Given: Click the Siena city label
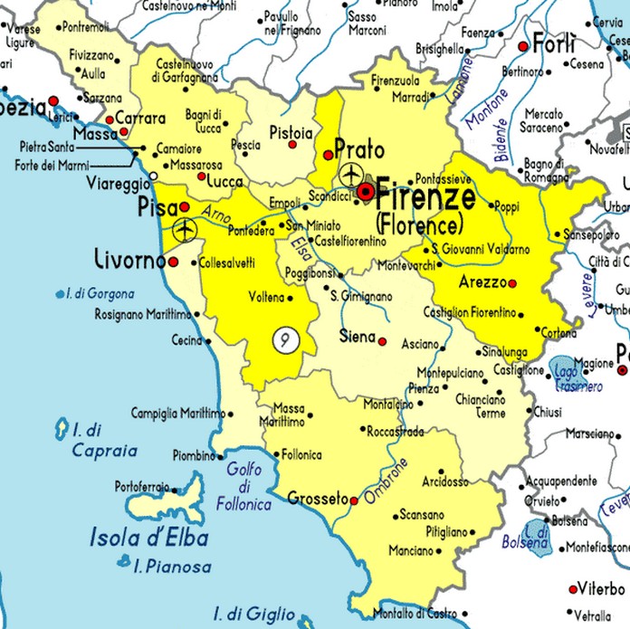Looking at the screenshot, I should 356,337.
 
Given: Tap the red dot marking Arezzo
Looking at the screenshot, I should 512,283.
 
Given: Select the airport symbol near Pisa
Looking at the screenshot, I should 186,231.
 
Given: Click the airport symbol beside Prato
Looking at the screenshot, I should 350,174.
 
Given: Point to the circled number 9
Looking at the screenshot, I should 285,339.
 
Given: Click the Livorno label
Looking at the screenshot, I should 129,262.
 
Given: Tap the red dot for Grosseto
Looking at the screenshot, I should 354,500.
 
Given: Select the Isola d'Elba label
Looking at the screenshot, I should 149,538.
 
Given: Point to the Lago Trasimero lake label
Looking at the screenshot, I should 577,379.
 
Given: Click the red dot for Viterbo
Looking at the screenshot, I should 572,589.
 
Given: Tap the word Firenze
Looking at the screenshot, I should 425,195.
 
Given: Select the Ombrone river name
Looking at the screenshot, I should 387,481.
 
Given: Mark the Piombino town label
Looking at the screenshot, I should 194,455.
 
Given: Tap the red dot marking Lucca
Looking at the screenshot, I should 201,176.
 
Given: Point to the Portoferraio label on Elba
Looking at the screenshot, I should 141,487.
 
